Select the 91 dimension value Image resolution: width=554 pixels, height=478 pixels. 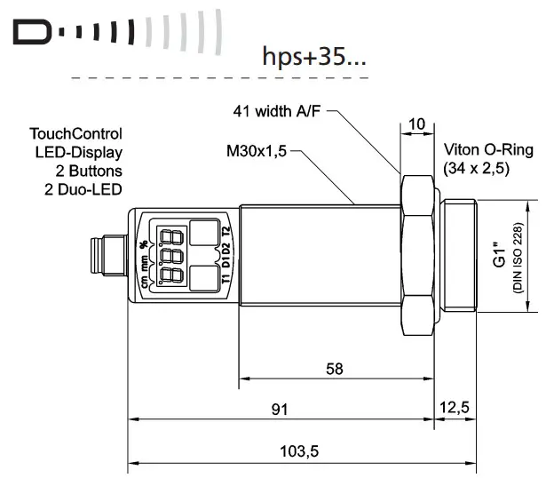point(280,410)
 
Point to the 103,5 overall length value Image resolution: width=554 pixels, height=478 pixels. point(299,451)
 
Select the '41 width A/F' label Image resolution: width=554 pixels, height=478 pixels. point(276,112)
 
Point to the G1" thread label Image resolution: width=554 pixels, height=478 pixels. point(500,257)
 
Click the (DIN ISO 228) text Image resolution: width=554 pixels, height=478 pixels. point(516,257)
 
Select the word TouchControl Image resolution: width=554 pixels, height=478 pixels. point(75,135)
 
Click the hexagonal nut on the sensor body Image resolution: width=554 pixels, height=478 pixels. point(418,257)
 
